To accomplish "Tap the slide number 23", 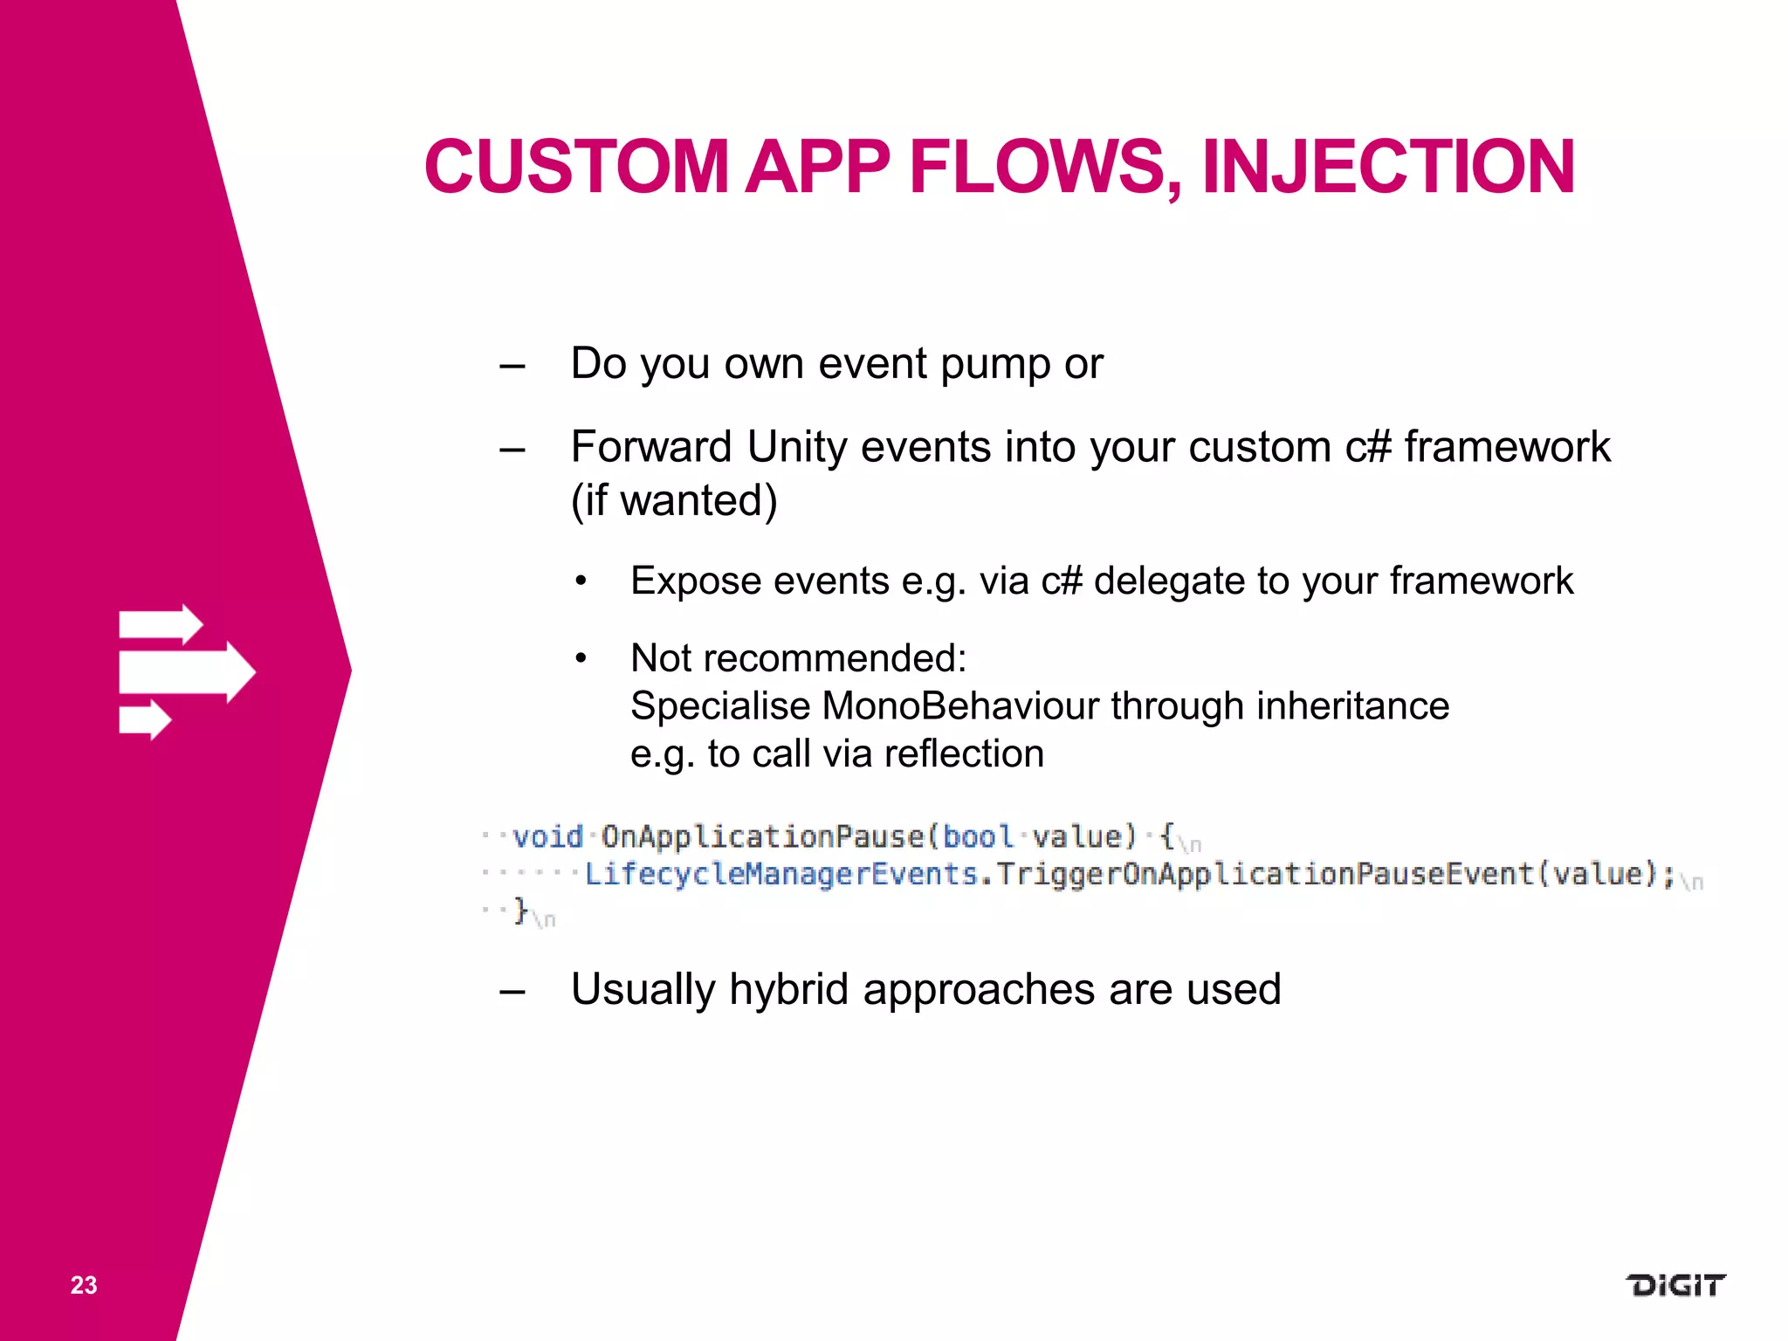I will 84,1285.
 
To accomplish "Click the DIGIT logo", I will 1675,1285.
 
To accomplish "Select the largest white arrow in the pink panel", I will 188,672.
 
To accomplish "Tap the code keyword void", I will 547,837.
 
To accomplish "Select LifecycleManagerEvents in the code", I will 781,874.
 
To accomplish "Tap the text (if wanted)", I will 673,500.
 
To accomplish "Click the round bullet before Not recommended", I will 581,658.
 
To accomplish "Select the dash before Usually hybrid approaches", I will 512,991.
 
